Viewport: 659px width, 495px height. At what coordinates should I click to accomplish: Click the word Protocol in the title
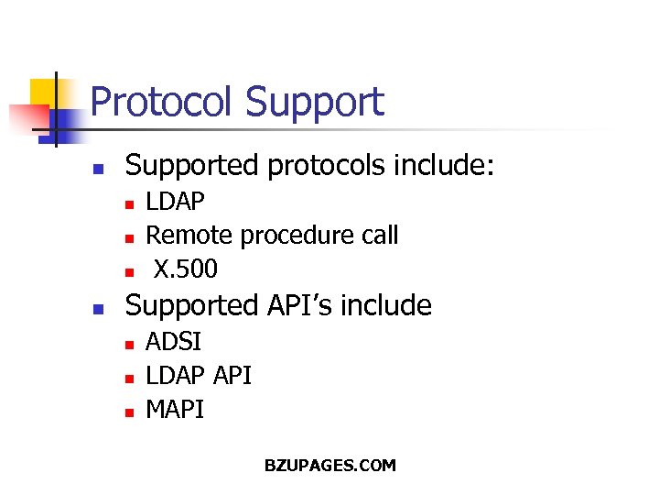tap(164, 102)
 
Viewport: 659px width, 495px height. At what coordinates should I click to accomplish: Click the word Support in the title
tap(315, 102)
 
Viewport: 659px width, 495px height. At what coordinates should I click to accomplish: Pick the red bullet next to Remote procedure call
tap(130, 237)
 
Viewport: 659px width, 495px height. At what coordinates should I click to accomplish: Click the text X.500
tap(185, 269)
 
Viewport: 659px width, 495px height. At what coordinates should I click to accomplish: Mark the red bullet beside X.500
tap(130, 271)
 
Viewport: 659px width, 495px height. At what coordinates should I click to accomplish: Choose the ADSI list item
tap(174, 342)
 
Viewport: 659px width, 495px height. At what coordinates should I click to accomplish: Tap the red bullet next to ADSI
tap(130, 344)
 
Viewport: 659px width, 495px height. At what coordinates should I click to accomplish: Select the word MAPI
tap(175, 410)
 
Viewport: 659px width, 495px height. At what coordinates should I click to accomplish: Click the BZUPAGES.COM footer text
tap(329, 466)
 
